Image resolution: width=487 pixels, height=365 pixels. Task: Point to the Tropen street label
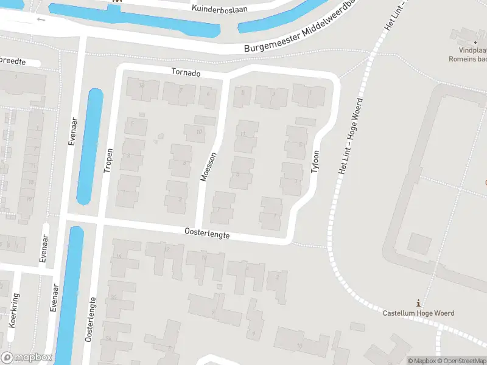108,161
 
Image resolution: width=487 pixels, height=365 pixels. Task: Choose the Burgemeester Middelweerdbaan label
298,36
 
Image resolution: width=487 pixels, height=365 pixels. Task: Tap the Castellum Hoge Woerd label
418,313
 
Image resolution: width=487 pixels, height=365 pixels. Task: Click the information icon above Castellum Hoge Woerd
418,303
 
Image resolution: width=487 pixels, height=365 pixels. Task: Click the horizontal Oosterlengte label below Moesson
207,232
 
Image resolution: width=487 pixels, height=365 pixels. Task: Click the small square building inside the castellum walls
418,243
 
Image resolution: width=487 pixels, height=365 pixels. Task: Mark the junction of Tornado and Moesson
226,78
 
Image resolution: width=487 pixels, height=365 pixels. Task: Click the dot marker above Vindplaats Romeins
475,41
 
